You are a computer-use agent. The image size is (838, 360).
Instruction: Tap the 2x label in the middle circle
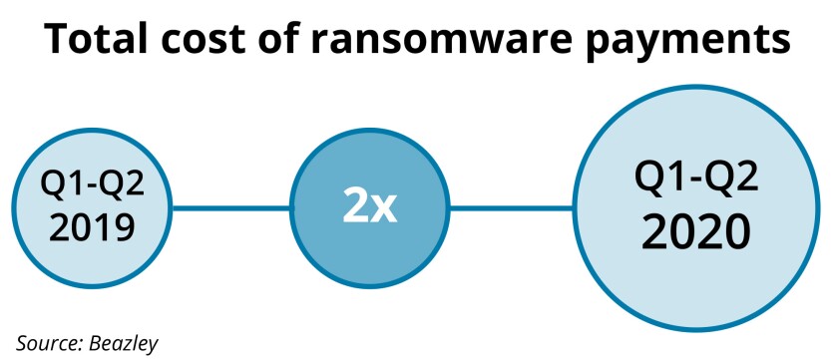coord(369,207)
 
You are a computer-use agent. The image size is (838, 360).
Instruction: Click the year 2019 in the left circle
coord(91,228)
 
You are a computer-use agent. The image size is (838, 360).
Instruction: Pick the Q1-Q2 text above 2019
coord(91,186)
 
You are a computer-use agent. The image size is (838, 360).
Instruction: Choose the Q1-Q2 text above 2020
coord(695,180)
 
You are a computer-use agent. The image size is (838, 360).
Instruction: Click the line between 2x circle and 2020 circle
coord(511,207)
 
